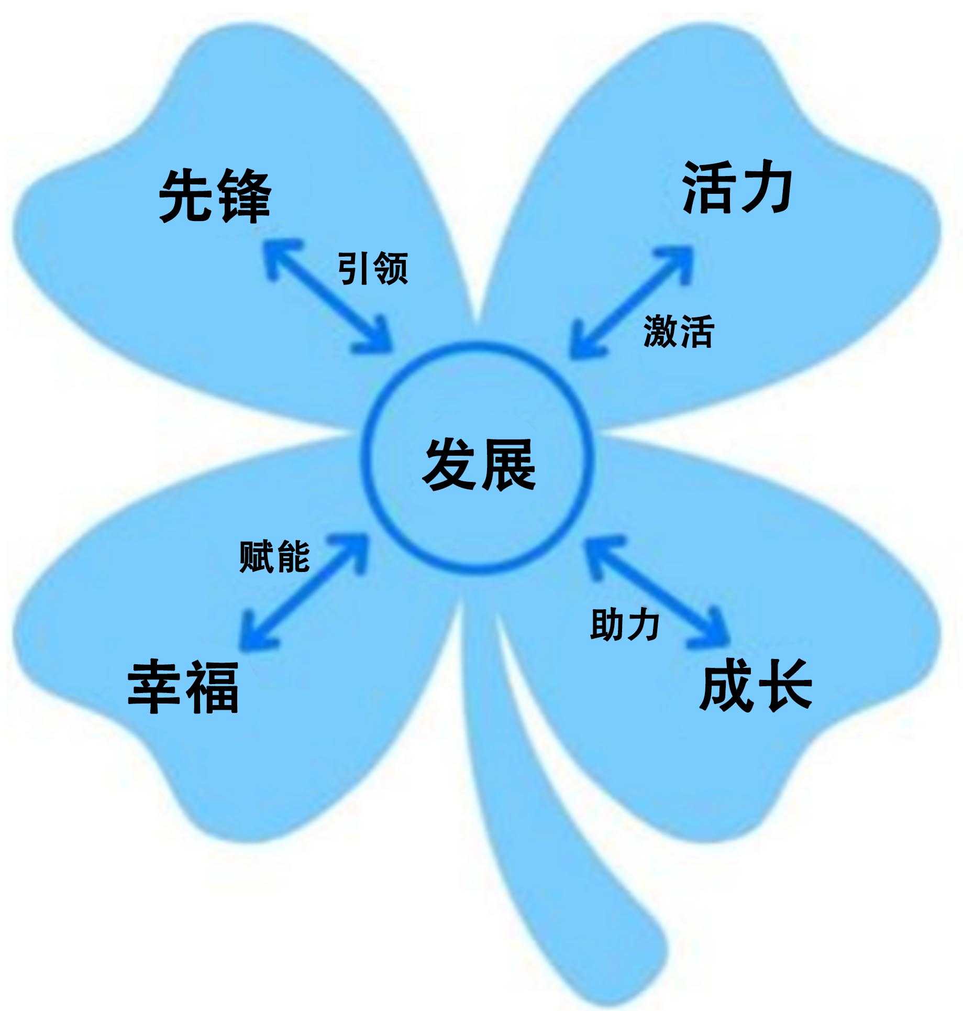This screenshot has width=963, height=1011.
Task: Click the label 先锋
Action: pyautogui.click(x=215, y=196)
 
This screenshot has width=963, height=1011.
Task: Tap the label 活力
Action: pyautogui.click(x=737, y=188)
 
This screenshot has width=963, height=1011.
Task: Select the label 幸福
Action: pyautogui.click(x=184, y=687)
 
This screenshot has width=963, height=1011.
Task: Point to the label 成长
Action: pyautogui.click(x=756, y=685)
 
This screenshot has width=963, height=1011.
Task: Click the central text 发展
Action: pyautogui.click(x=480, y=465)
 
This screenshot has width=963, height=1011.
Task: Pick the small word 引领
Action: pyautogui.click(x=372, y=268)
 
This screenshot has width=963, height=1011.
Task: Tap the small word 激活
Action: pyautogui.click(x=679, y=332)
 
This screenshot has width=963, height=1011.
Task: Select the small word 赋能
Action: pyautogui.click(x=274, y=556)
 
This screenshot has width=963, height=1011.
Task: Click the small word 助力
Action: pyautogui.click(x=625, y=624)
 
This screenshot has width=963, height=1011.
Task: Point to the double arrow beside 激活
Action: pyautogui.click(x=631, y=303)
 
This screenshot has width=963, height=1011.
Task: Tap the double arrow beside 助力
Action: pyautogui.click(x=657, y=592)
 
